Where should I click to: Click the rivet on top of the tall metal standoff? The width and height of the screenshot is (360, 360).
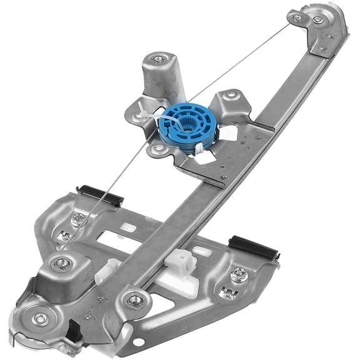(x=157, y=60)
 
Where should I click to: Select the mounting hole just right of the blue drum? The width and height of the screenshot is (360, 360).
(x=231, y=96)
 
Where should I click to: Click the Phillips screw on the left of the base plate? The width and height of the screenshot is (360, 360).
(x=78, y=219)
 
